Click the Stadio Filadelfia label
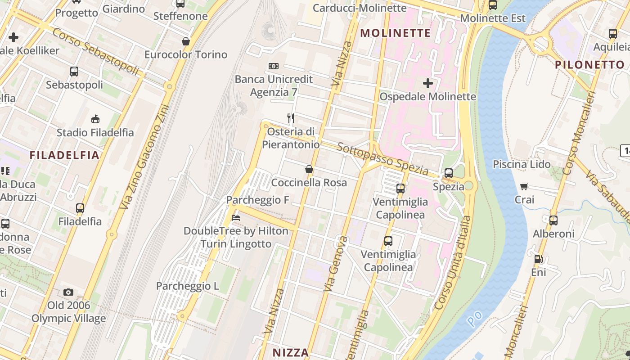pos(95,132)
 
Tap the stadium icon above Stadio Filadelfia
pos(95,119)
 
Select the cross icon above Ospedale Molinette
pos(428,83)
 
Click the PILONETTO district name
pos(589,64)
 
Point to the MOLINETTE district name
pos(396,33)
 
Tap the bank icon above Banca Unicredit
pos(273,66)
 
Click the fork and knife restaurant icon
pos(291,118)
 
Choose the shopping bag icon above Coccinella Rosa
pos(309,170)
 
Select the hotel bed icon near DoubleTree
pos(235,218)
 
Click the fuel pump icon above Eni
pos(538,259)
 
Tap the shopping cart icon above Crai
pos(524,186)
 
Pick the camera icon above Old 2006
pos(68,292)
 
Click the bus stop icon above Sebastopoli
pos(74,72)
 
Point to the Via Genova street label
pos(336,263)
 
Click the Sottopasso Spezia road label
pos(382,159)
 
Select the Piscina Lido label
pos(522,164)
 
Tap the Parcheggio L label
pos(187,286)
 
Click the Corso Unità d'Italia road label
pos(453,262)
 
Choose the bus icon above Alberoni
pos(553,220)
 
